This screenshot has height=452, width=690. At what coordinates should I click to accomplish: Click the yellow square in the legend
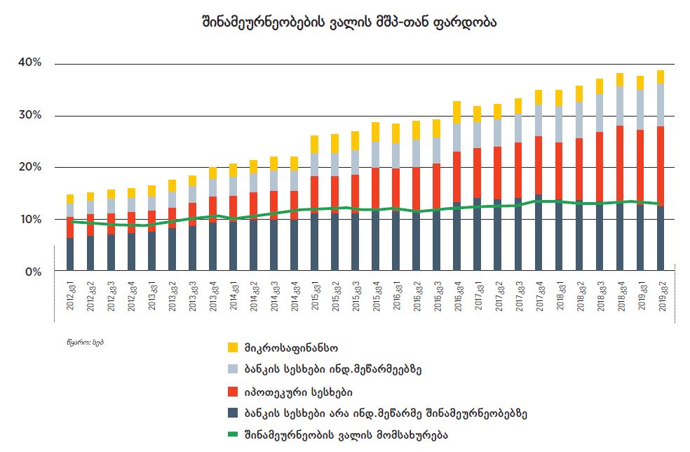(x=234, y=347)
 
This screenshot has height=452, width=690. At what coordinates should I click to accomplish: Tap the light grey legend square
(x=234, y=368)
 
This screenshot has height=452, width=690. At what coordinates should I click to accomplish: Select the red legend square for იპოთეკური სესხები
(x=234, y=391)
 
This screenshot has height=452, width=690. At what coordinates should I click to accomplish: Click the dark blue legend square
(x=234, y=413)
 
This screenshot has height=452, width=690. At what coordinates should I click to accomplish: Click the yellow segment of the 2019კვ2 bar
(x=661, y=77)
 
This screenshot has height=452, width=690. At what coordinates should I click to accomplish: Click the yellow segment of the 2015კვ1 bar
(x=314, y=144)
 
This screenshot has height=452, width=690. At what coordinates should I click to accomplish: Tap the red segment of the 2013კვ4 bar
(x=212, y=208)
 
